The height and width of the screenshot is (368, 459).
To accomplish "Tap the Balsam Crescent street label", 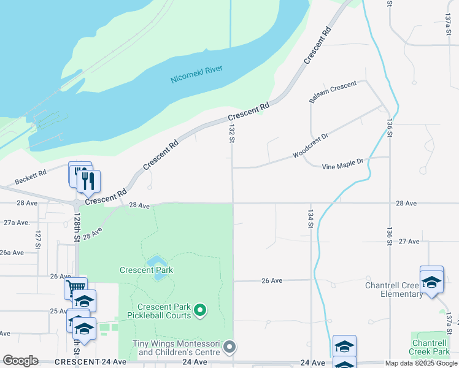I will [x=333, y=91].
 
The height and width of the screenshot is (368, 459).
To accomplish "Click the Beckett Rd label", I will [x=31, y=178].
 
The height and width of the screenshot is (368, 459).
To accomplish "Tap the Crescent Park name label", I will [x=146, y=270].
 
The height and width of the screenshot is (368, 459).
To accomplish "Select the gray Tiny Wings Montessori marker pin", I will [x=229, y=347].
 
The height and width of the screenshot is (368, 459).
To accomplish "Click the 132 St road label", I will [x=232, y=132].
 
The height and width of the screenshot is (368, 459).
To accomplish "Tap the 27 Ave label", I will [x=409, y=242].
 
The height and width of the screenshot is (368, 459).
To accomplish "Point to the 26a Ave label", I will [x=12, y=252].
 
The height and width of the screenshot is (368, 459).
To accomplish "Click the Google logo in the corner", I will [x=20, y=361].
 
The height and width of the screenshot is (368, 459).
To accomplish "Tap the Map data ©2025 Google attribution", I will [x=421, y=363].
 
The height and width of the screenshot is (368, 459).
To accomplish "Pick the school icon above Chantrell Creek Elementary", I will [x=431, y=281].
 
